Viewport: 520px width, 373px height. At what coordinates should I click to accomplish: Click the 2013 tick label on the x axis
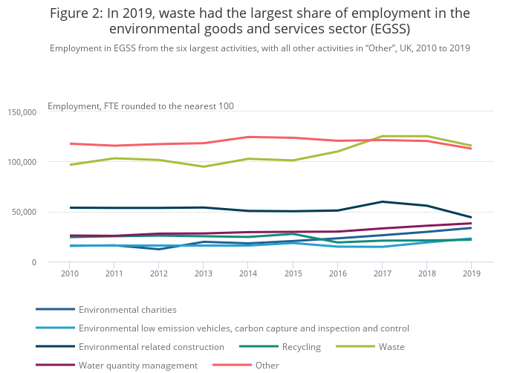point(204,274)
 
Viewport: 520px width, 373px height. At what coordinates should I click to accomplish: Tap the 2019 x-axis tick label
point(471,274)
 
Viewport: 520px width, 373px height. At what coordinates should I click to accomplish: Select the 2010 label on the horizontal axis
point(70,274)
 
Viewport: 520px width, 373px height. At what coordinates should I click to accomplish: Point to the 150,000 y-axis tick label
point(22,112)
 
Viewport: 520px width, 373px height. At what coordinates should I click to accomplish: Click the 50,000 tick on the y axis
point(24,213)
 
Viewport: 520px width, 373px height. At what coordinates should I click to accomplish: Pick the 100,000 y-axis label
point(22,162)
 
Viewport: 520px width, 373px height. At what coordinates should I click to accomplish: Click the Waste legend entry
point(391,346)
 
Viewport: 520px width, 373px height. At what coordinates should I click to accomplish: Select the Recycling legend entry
point(301,346)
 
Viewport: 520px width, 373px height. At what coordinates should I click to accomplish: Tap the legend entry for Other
point(267,365)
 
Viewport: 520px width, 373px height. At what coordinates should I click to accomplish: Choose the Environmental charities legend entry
point(127,309)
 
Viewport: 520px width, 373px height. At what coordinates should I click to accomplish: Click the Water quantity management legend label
point(137,365)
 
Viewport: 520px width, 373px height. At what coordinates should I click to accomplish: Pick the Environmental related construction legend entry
point(151,346)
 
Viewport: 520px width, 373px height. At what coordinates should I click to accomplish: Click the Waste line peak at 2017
point(382,136)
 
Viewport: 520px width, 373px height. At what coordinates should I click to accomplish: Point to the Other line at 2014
point(248,137)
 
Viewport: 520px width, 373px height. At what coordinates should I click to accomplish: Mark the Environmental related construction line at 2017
point(382,201)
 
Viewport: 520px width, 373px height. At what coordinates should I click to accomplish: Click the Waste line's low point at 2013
point(204,166)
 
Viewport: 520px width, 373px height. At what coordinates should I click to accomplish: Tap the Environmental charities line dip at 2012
point(159,249)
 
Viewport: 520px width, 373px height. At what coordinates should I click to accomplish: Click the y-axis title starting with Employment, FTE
point(140,106)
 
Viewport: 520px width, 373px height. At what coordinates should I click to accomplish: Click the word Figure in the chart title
point(72,13)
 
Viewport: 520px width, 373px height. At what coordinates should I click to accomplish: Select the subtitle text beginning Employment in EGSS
point(260,48)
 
